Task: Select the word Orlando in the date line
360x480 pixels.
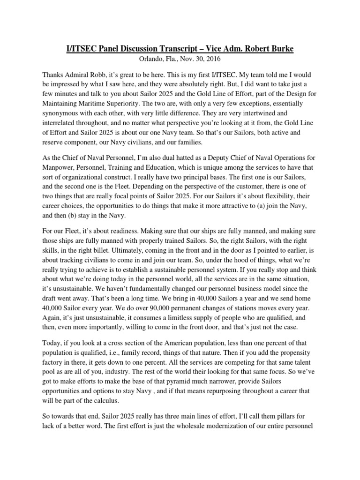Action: (x=140, y=60)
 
